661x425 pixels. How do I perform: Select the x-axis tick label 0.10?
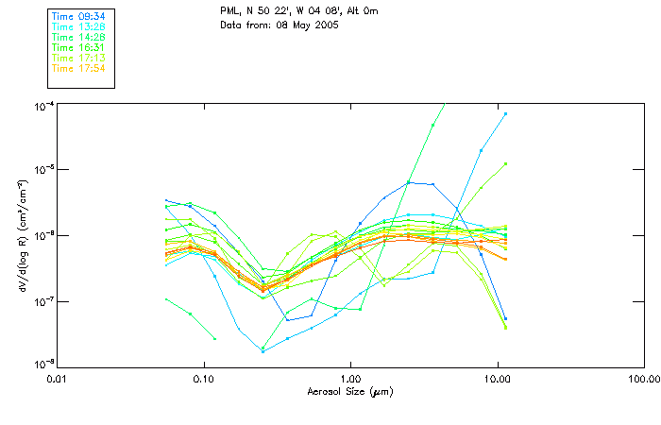(203, 378)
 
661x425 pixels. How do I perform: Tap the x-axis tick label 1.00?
(350, 378)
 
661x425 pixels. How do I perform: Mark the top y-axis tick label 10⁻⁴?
(42, 104)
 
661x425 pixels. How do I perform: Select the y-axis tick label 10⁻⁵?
(42, 170)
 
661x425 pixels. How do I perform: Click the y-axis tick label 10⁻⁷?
(42, 301)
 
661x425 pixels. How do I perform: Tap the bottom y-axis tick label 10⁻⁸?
(42, 366)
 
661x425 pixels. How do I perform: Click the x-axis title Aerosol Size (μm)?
(350, 391)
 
